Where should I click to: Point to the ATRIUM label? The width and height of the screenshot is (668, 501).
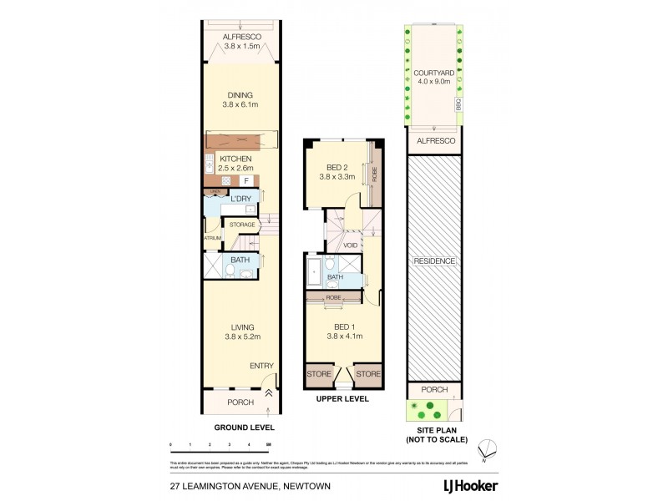211,238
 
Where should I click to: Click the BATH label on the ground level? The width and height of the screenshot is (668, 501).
240,261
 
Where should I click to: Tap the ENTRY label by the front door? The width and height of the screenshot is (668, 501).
261,366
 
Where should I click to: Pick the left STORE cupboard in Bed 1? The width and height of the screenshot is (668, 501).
319,374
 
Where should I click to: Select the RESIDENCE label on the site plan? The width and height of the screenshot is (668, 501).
434,261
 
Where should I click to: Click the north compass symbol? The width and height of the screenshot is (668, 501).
493,448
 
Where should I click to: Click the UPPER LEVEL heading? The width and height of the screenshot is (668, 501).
342,400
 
